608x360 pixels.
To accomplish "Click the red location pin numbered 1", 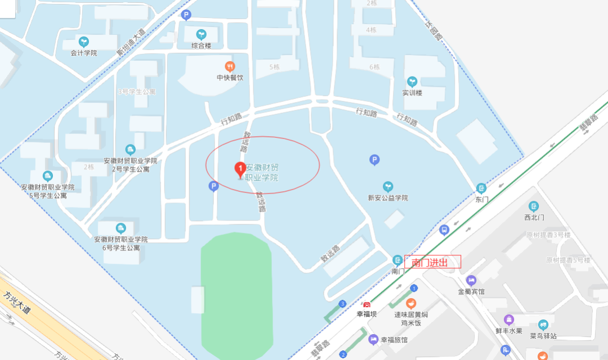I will click(239, 169).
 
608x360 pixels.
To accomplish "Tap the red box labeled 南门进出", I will click(432, 262).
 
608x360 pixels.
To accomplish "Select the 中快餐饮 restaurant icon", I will click(230, 66).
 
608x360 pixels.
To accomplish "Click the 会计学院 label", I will click(83, 53).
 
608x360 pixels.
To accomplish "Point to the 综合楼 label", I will click(201, 46).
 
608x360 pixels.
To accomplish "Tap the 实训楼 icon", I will click(412, 82).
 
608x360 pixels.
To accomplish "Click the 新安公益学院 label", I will click(387, 198).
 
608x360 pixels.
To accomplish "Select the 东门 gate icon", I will click(481, 188).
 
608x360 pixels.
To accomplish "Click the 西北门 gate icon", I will click(534, 206).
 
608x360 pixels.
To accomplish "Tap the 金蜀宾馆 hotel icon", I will click(471, 280).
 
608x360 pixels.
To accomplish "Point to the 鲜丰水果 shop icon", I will click(509, 319).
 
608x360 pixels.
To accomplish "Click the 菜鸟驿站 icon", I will click(543, 325).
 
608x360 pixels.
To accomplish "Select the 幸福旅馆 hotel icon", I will click(373, 340).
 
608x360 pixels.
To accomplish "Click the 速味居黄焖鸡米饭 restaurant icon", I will click(410, 304).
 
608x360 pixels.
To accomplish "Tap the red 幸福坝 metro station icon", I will click(366, 305).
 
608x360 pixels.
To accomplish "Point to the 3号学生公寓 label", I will click(136, 91).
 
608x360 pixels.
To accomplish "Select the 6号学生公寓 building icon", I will click(120, 228).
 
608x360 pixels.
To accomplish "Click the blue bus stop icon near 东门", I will click(444, 229).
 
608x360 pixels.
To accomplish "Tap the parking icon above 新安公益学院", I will click(374, 160).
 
